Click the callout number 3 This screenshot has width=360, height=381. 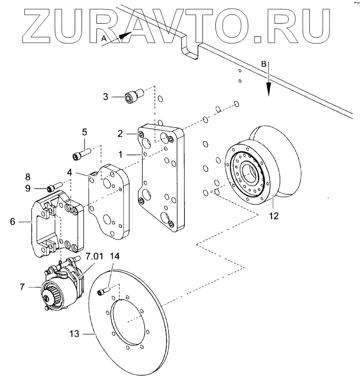point(107,96)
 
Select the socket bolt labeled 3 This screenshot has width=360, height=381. point(133,97)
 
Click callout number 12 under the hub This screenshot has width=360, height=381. point(274,216)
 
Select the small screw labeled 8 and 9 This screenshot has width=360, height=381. point(53,187)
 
